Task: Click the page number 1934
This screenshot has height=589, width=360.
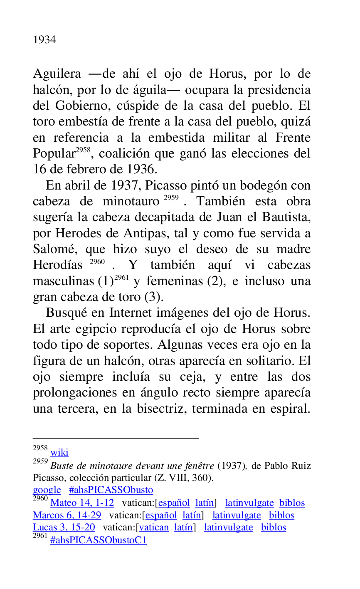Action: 44,40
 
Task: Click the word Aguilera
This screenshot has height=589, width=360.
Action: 57,74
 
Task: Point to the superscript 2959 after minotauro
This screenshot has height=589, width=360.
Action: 171,198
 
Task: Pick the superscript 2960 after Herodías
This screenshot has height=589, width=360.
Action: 97,262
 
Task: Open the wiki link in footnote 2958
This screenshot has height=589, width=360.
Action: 59,453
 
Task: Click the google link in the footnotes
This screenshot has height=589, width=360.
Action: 47,490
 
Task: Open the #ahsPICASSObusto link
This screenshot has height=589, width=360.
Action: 111,490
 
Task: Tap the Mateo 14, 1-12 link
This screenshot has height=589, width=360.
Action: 82,503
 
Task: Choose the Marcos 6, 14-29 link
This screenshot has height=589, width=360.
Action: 67,515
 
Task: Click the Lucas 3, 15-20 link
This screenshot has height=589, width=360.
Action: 64,527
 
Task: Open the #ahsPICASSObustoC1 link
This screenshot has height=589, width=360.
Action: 99,540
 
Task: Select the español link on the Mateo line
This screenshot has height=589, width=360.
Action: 174,503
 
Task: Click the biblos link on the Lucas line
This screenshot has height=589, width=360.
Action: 274,527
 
